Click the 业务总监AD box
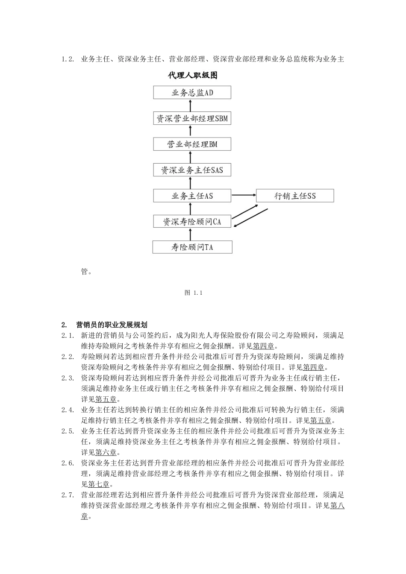tap(192, 93)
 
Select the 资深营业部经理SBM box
tap(192, 118)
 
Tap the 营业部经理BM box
tap(192, 144)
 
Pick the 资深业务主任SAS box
tap(192, 170)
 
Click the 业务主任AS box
tap(192, 196)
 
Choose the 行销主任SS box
tap(295, 196)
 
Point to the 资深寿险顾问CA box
tap(192, 222)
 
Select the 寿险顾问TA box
tap(192, 247)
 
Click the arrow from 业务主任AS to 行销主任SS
tap(243, 196)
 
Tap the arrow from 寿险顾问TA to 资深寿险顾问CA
tap(191, 234)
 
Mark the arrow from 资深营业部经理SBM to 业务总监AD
tap(191, 105)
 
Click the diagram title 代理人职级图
tap(193, 76)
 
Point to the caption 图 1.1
tap(193, 293)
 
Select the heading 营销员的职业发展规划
tap(112, 325)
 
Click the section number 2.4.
tap(68, 410)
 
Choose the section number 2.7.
tap(68, 495)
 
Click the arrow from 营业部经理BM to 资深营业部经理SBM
tap(191, 131)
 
